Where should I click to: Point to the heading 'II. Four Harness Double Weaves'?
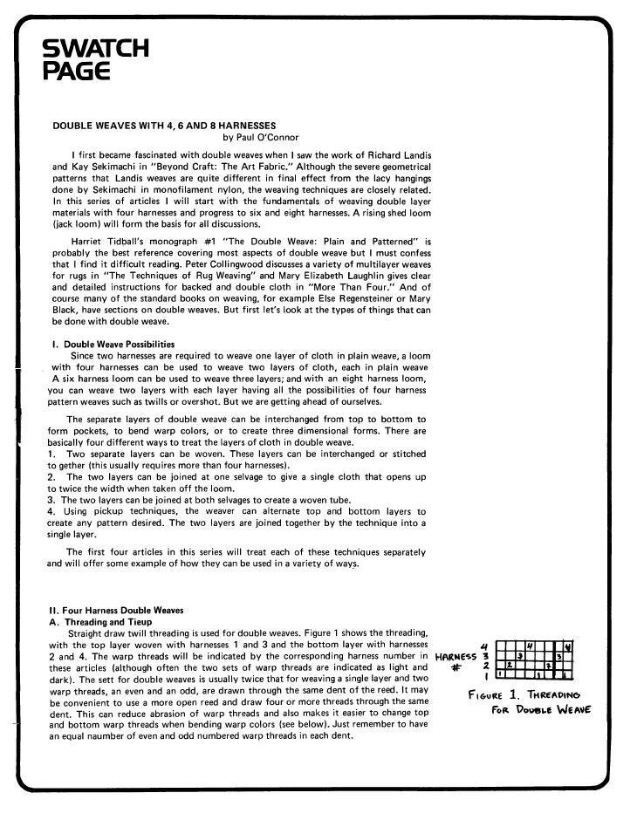tap(120, 609)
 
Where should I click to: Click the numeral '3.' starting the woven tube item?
tap(51, 499)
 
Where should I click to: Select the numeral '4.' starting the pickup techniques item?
tap(51, 511)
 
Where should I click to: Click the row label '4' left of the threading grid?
tap(483, 646)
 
